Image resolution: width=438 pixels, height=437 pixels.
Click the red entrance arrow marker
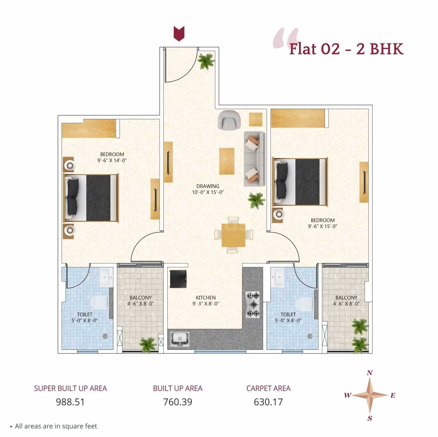coord(179,33)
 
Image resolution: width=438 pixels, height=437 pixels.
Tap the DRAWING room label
coord(208,186)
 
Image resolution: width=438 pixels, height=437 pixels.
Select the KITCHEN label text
coord(206,297)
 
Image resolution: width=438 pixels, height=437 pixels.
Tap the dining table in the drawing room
coord(234,235)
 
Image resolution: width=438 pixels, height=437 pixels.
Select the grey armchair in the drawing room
coord(229,120)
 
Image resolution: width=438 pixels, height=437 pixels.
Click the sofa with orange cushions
coord(254,159)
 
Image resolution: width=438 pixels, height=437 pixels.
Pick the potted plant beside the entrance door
coord(206,61)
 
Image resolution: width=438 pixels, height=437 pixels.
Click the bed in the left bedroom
coord(91,198)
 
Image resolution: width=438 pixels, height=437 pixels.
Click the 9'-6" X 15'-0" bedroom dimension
coord(322,226)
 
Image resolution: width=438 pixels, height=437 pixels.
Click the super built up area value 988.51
coord(70,402)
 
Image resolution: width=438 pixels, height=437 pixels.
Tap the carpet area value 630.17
coord(268,402)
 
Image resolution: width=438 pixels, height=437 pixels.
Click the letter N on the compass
coord(369,373)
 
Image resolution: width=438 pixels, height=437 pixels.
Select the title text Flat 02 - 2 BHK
coord(346,49)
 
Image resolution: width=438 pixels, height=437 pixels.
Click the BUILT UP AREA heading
coord(178,388)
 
